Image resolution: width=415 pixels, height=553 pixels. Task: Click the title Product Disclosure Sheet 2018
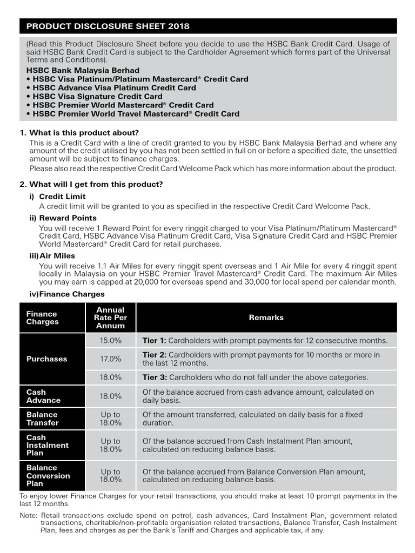pyautogui.click(x=108, y=26)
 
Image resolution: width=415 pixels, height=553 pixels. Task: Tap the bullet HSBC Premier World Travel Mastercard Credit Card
pyautogui.click(x=136, y=113)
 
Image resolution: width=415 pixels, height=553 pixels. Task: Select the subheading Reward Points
pyautogui.click(x=68, y=218)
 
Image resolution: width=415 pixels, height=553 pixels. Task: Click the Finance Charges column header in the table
pyautogui.click(x=42, y=318)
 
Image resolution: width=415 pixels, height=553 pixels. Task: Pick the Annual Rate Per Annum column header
pyautogui.click(x=110, y=318)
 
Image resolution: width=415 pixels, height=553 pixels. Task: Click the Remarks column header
pyautogui.click(x=266, y=318)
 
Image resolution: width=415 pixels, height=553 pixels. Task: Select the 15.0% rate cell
pyautogui.click(x=110, y=341)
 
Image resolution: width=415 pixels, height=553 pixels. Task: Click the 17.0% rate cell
pyautogui.click(x=110, y=359)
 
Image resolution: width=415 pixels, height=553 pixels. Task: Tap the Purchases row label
pyautogui.click(x=47, y=359)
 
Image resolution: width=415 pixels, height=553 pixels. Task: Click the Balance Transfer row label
pyautogui.click(x=43, y=419)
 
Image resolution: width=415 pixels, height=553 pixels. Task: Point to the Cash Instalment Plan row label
pyautogui.click(x=48, y=445)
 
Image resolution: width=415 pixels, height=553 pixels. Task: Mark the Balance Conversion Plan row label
pyautogui.click(x=48, y=475)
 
